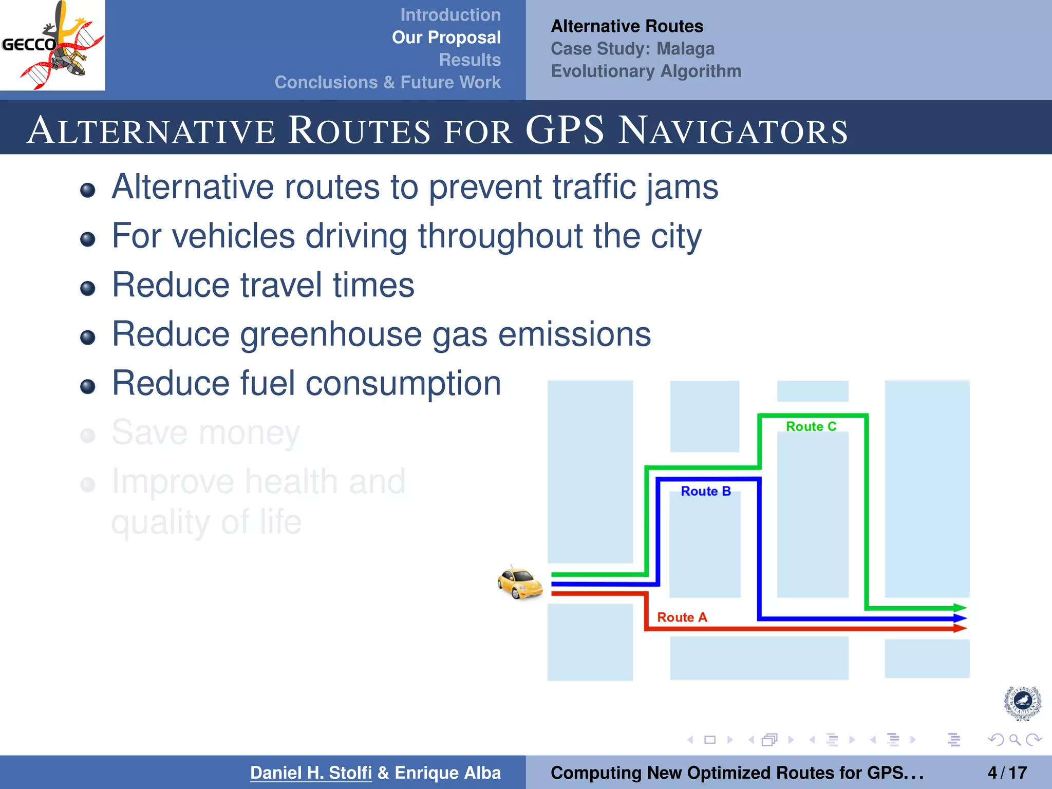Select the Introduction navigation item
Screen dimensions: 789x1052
pyautogui.click(x=450, y=15)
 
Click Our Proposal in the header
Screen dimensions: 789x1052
pyautogui.click(x=446, y=37)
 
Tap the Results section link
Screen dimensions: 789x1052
pyautogui.click(x=469, y=60)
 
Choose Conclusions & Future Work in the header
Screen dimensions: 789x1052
pyautogui.click(x=387, y=82)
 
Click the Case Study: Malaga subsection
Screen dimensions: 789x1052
pyautogui.click(x=632, y=49)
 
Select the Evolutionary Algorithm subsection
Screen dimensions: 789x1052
pyautogui.click(x=646, y=71)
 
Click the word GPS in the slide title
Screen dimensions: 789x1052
pyautogui.click(x=565, y=130)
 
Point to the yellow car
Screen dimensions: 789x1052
pyautogui.click(x=520, y=583)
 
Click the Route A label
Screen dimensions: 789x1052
pyautogui.click(x=682, y=617)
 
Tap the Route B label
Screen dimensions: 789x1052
pyautogui.click(x=705, y=491)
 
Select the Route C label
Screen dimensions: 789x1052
pyautogui.click(x=811, y=426)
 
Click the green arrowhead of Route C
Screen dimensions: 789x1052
pyautogui.click(x=960, y=608)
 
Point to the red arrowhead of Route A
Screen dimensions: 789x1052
pyautogui.click(x=960, y=628)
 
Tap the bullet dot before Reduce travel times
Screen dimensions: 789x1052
pyautogui.click(x=88, y=288)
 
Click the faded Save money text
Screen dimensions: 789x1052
pyautogui.click(x=205, y=433)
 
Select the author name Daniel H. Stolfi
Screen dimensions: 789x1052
pyautogui.click(x=311, y=773)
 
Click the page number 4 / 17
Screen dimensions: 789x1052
pyautogui.click(x=1007, y=773)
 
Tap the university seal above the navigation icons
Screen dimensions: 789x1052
pyautogui.click(x=1022, y=703)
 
